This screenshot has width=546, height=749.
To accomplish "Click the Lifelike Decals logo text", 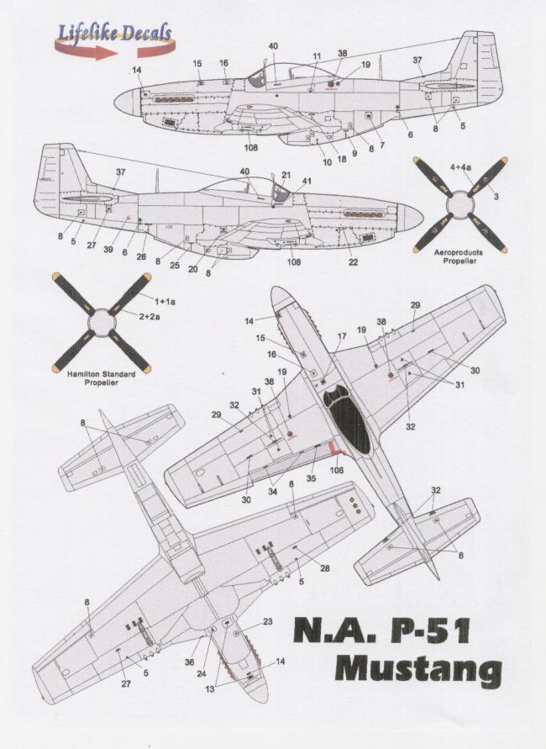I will click(115, 33).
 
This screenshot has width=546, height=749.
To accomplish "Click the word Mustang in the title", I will click(417, 671).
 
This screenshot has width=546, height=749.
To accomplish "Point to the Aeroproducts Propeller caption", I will click(458, 256).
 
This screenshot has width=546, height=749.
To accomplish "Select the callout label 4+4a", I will click(461, 168).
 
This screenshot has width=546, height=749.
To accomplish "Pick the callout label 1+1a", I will click(164, 299).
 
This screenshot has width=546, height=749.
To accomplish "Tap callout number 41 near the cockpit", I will click(307, 181).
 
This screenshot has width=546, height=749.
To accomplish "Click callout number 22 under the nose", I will click(354, 262).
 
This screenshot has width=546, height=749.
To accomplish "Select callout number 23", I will click(268, 622).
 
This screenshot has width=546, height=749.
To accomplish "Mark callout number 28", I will click(324, 568).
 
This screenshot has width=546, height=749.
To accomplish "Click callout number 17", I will click(340, 337).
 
